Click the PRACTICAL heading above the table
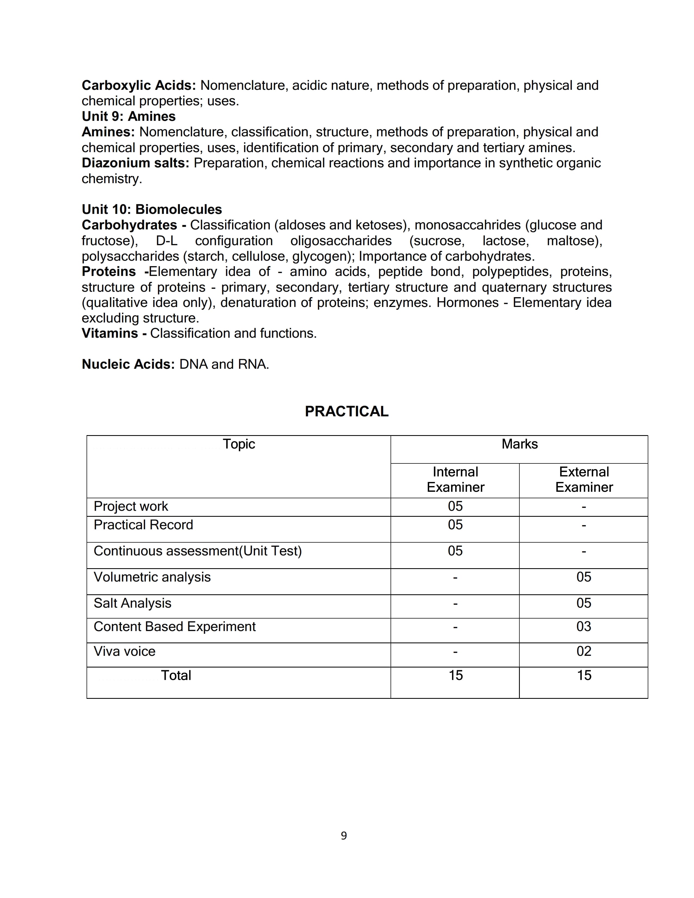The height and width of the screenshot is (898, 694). coord(346,411)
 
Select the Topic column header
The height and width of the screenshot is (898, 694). coord(238,444)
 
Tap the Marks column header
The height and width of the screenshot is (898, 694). coord(519,444)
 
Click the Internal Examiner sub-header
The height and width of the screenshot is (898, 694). coord(455,479)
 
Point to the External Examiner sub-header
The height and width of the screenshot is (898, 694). coord(584,479)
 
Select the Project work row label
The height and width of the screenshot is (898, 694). coord(131,506)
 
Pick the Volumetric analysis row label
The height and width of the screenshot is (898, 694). coord(152,577)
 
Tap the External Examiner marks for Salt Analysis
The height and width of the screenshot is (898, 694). coord(584,603)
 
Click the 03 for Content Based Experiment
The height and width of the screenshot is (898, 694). coord(584,627)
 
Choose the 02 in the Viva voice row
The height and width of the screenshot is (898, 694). coord(584,651)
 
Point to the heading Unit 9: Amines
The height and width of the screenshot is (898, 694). coord(129,116)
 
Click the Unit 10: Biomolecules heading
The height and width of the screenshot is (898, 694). coord(152,209)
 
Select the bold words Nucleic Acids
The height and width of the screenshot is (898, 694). coord(128,364)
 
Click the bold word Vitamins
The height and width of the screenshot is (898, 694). coord(110,333)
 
